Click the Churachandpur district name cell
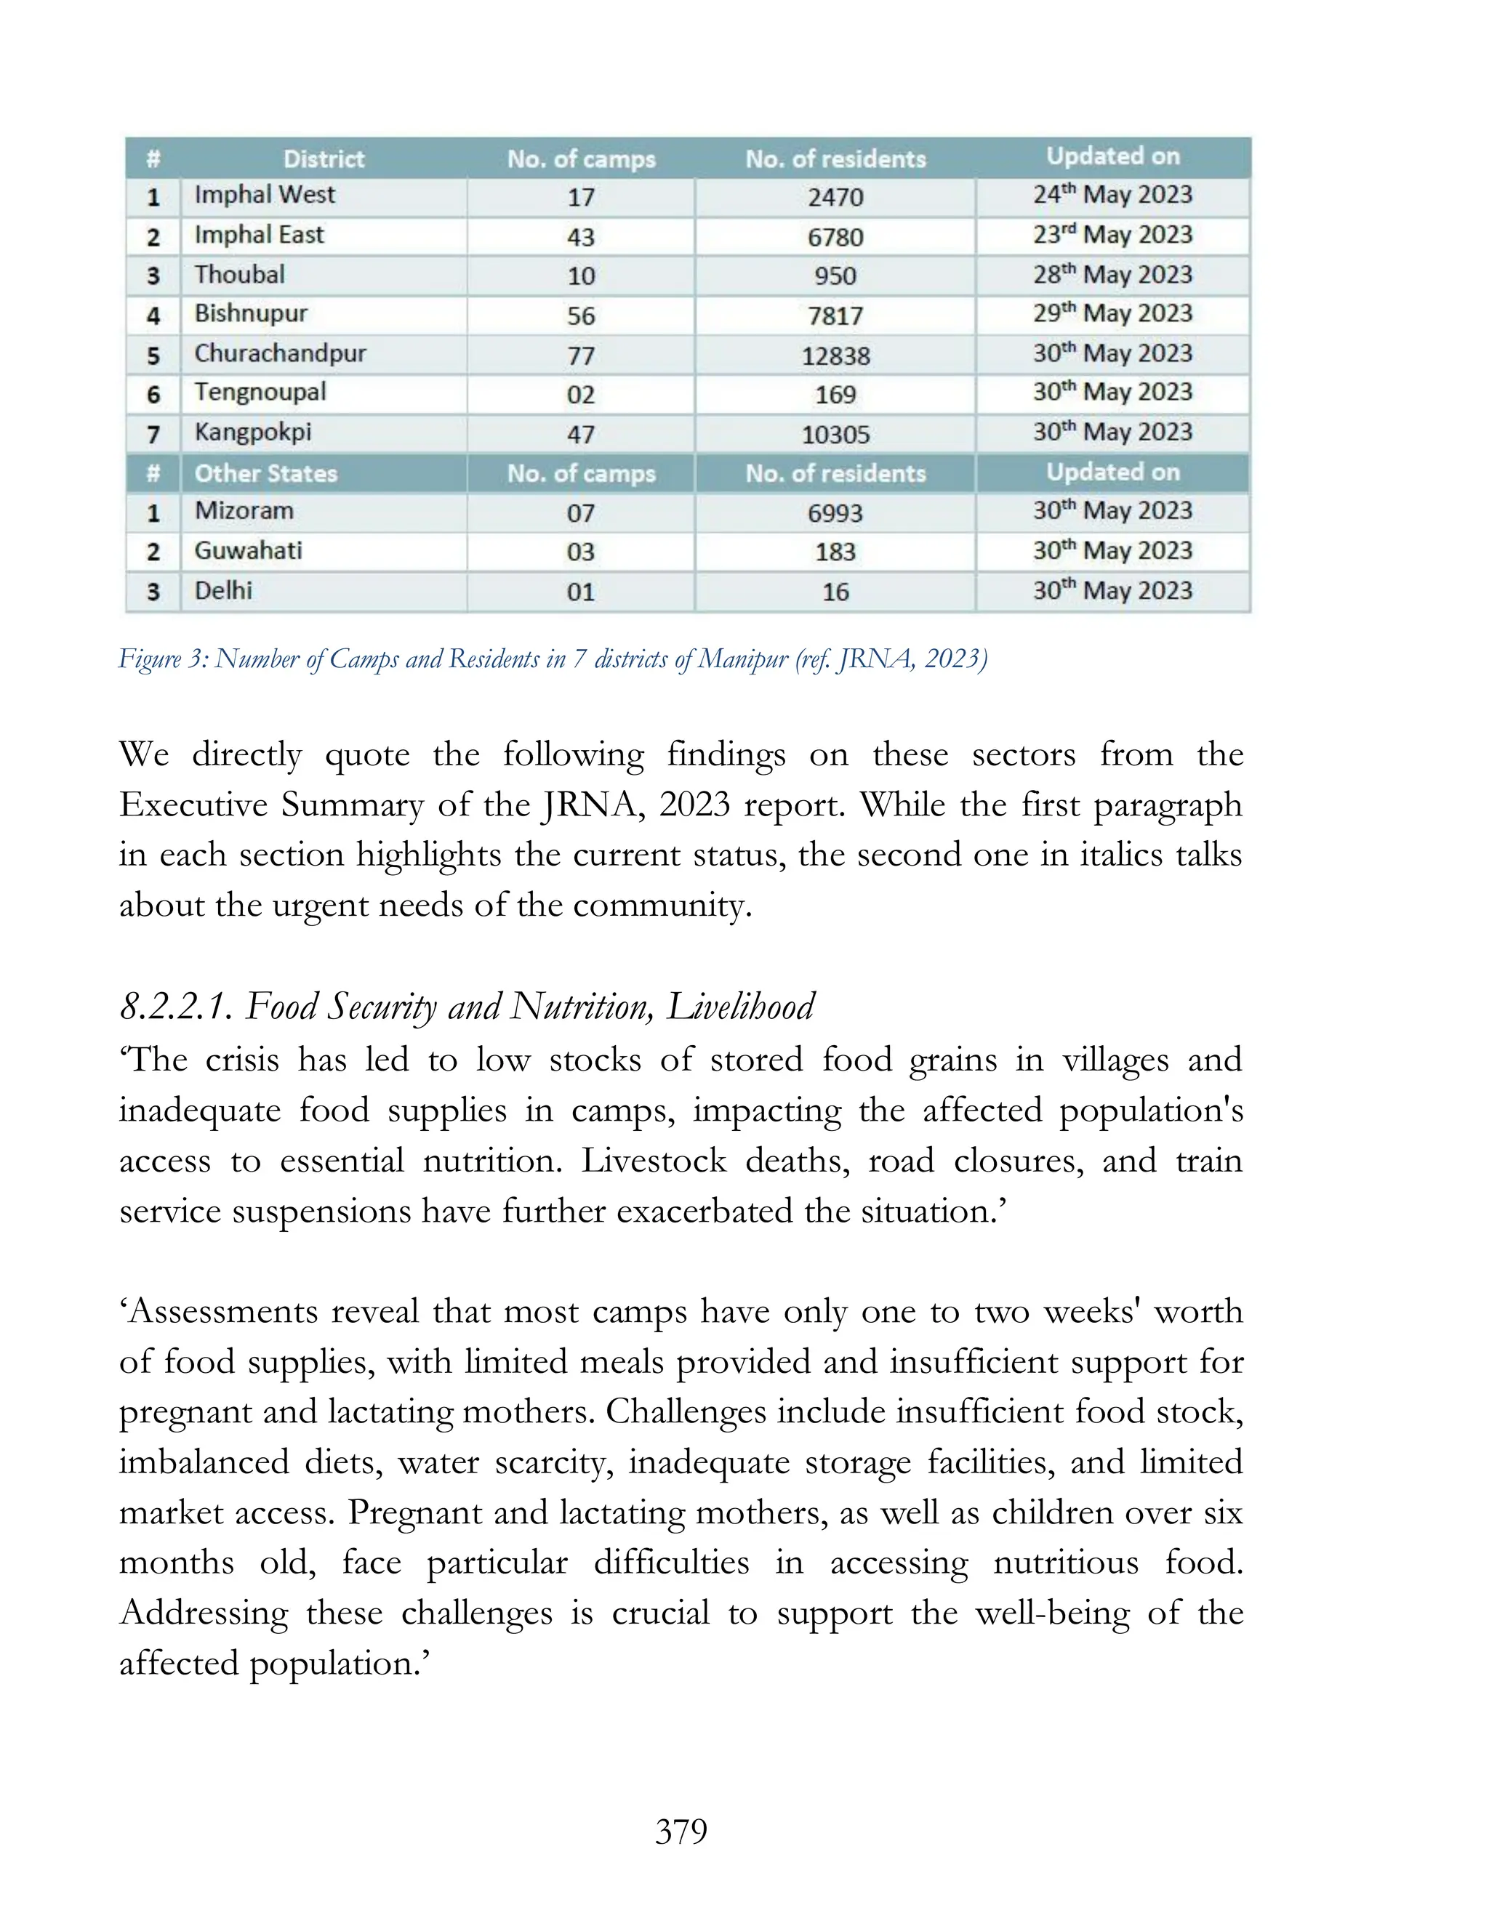coord(280,354)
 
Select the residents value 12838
coord(835,356)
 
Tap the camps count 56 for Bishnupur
coord(580,315)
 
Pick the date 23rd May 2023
coord(1112,235)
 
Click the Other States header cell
coord(265,474)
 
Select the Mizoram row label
coord(244,512)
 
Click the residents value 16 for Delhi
coord(835,592)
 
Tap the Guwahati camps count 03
coord(580,552)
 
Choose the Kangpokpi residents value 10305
coord(835,435)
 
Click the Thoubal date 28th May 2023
coord(1112,275)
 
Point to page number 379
coord(681,1832)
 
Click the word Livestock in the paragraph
coord(653,1161)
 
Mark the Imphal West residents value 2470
coord(835,197)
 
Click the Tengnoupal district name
coord(260,392)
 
